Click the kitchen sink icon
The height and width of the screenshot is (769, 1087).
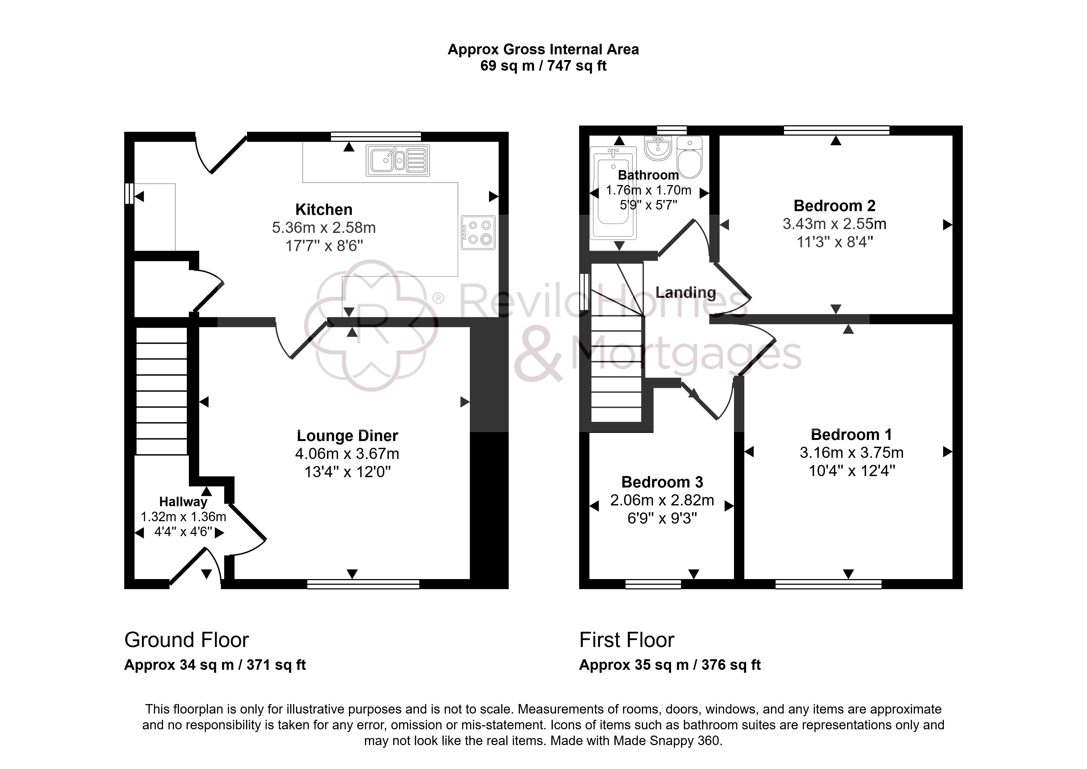click(x=398, y=161)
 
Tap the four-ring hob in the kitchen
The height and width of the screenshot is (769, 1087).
click(x=478, y=233)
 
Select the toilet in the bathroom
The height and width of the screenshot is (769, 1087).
click(x=689, y=157)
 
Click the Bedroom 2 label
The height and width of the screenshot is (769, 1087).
click(x=835, y=206)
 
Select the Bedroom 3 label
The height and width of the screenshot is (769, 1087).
click(x=662, y=482)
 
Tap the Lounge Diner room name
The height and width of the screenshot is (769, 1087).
click(x=348, y=436)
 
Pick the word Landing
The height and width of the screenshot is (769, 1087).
click(x=686, y=293)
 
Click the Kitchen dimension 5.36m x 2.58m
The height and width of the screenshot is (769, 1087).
click(x=324, y=228)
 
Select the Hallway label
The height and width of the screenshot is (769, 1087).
click(x=183, y=502)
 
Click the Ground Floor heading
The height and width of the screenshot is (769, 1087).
click(x=186, y=640)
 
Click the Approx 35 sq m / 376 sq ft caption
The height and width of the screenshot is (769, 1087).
click(x=670, y=665)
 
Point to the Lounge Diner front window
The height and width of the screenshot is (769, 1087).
click(x=363, y=584)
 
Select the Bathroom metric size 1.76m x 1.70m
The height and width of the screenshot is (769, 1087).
click(x=649, y=190)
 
